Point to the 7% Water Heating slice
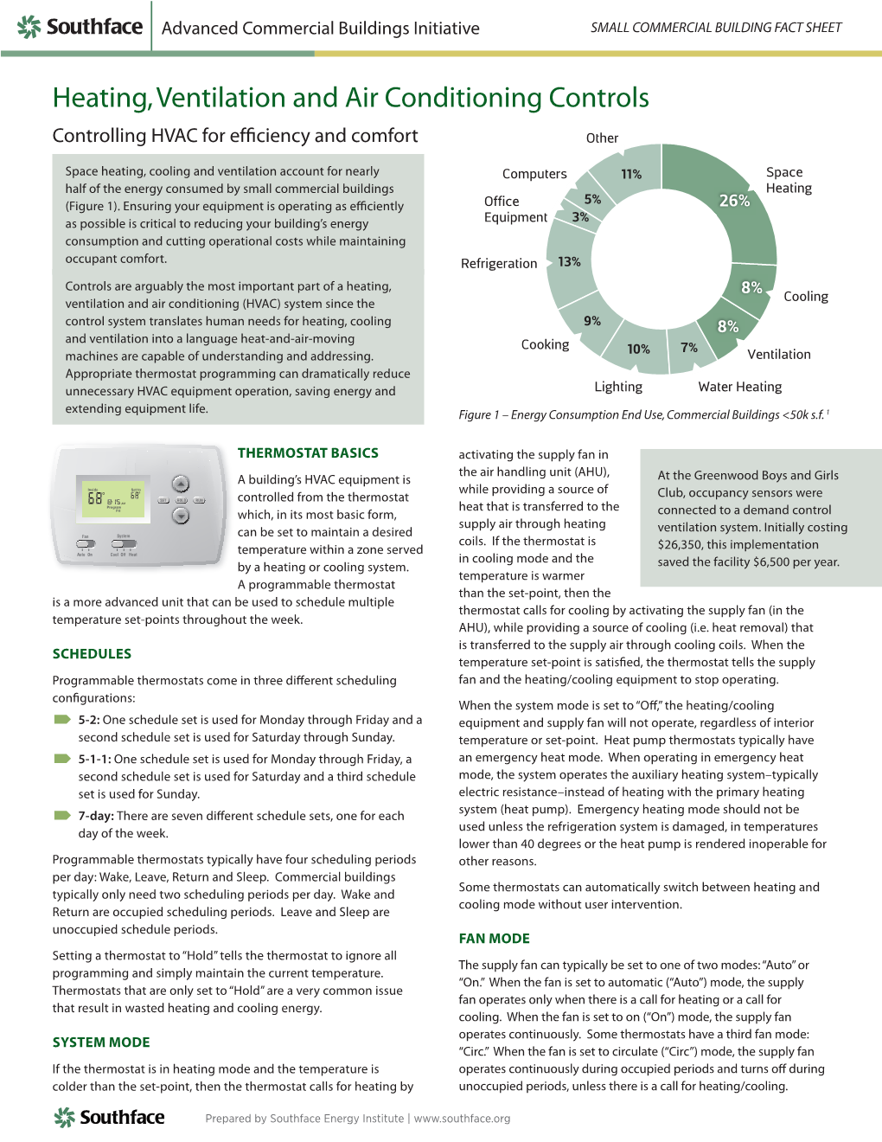[689, 347]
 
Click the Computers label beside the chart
[534, 174]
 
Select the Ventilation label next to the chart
[778, 354]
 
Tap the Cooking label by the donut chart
[545, 344]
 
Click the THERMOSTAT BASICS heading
[308, 452]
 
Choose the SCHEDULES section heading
[92, 653]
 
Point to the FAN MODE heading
[494, 938]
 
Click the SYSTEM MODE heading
[101, 1042]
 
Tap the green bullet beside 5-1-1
[62, 759]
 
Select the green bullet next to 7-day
[62, 815]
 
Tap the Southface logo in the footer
[110, 1117]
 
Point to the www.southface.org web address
[462, 1118]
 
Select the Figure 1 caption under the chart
[643, 414]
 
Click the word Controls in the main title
[587, 98]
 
